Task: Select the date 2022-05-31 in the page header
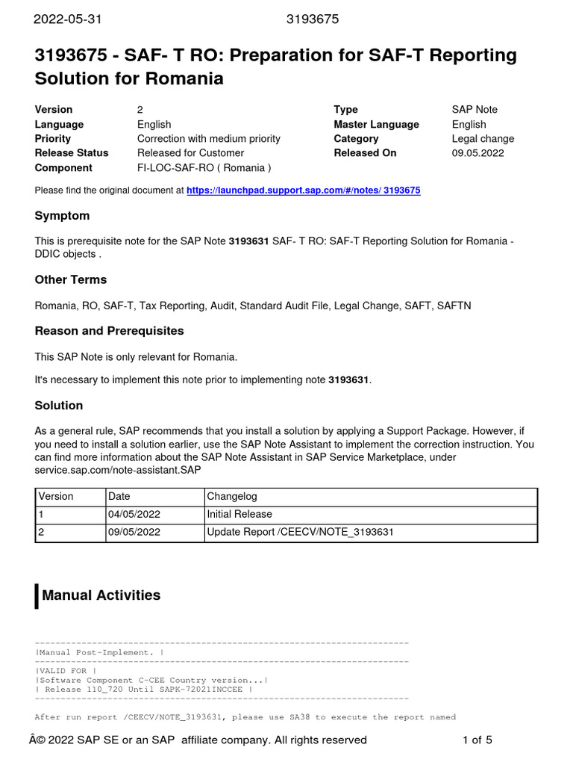click(68, 19)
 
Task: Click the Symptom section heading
click(62, 216)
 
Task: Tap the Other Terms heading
click(71, 279)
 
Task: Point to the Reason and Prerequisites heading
click(109, 330)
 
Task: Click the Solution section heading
click(59, 405)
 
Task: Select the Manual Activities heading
click(101, 595)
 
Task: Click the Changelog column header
click(232, 496)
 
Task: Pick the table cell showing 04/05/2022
click(134, 514)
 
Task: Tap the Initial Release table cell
click(239, 514)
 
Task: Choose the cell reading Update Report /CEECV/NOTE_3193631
click(300, 533)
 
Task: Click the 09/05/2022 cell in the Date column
click(134, 533)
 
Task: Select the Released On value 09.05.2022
click(477, 153)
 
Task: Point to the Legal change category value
click(483, 139)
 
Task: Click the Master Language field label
click(376, 125)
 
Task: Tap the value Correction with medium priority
click(209, 139)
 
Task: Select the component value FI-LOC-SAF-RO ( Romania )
click(204, 168)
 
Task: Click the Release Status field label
click(72, 153)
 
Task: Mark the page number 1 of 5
click(477, 740)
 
